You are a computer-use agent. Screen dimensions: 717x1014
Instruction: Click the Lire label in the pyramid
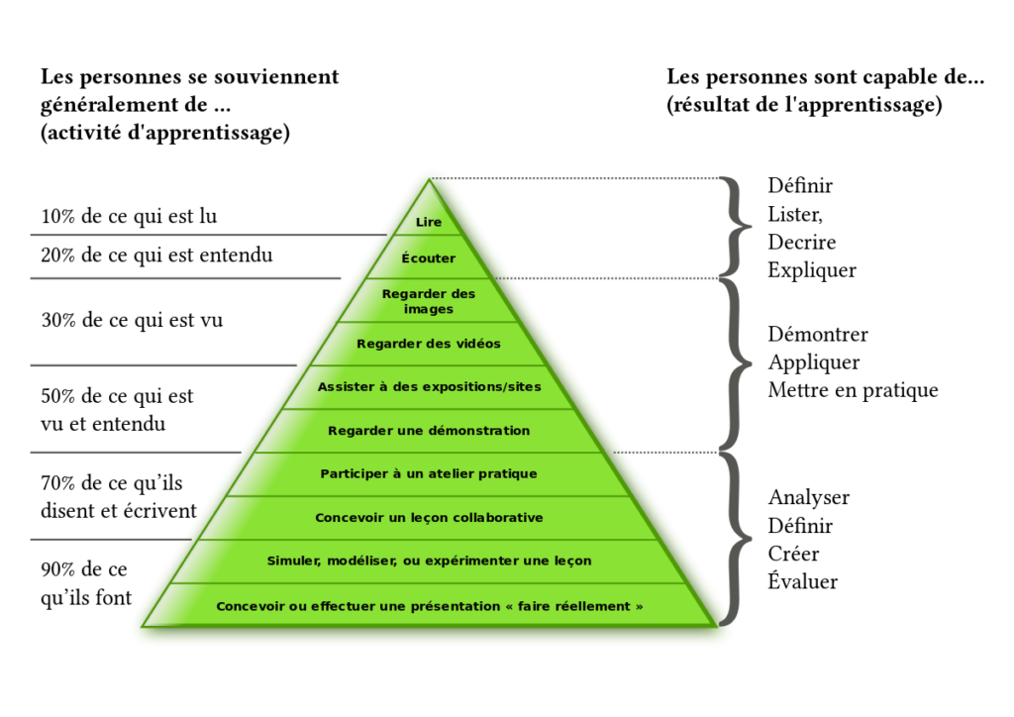tap(429, 222)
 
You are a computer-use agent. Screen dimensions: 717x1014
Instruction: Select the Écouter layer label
tap(429, 258)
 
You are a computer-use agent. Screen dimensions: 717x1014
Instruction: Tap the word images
tap(429, 309)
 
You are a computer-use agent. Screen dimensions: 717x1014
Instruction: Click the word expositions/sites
tap(482, 386)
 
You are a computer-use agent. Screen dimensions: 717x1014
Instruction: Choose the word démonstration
tap(479, 431)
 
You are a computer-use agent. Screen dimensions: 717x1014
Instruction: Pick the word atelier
tap(451, 473)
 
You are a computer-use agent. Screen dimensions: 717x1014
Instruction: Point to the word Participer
tap(355, 473)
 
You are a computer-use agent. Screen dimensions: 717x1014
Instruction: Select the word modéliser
tap(362, 561)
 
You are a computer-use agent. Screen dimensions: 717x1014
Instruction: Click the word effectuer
tap(344, 605)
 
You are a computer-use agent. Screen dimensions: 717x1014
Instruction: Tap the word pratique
tap(508, 473)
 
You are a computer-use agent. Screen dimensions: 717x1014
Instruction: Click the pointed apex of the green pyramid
tap(429, 176)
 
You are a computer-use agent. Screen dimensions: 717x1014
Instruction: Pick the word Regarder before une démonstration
tap(361, 431)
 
